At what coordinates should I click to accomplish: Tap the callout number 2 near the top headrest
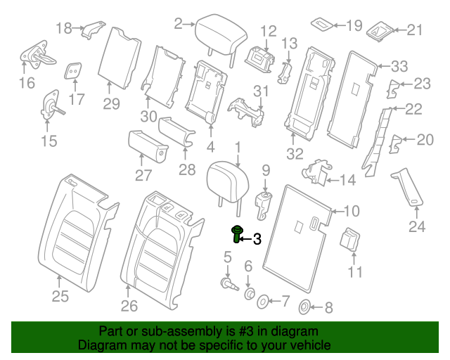pyautogui.click(x=178, y=23)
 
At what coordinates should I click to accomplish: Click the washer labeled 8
pyautogui.click(x=306, y=307)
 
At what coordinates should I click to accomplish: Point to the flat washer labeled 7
pyautogui.click(x=262, y=302)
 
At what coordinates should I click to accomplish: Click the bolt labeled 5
pyautogui.click(x=229, y=284)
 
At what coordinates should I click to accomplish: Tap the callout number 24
pyautogui.click(x=417, y=226)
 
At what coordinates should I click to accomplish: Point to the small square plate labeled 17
pyautogui.click(x=73, y=70)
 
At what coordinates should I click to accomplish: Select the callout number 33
pyautogui.click(x=399, y=67)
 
